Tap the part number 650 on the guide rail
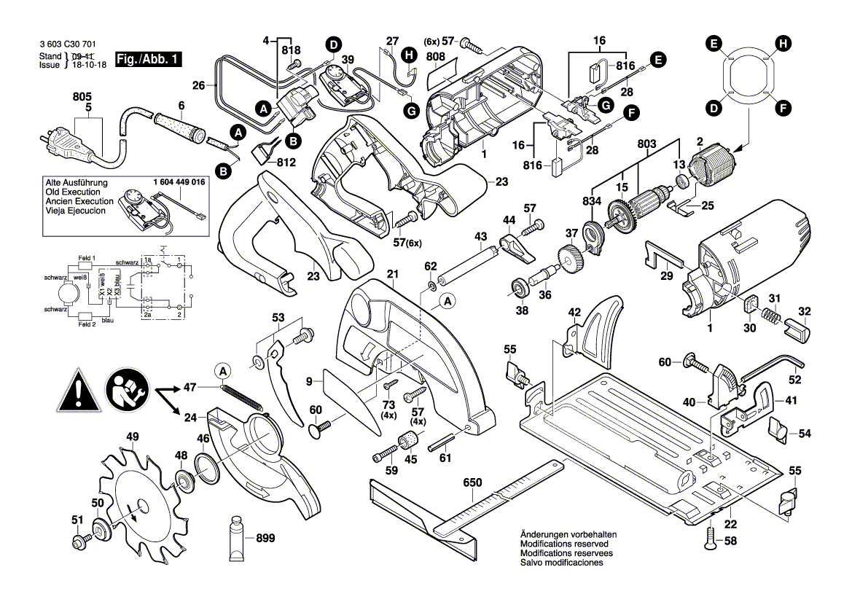point(473,483)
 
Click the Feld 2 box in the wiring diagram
point(85,324)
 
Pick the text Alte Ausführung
point(77,181)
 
